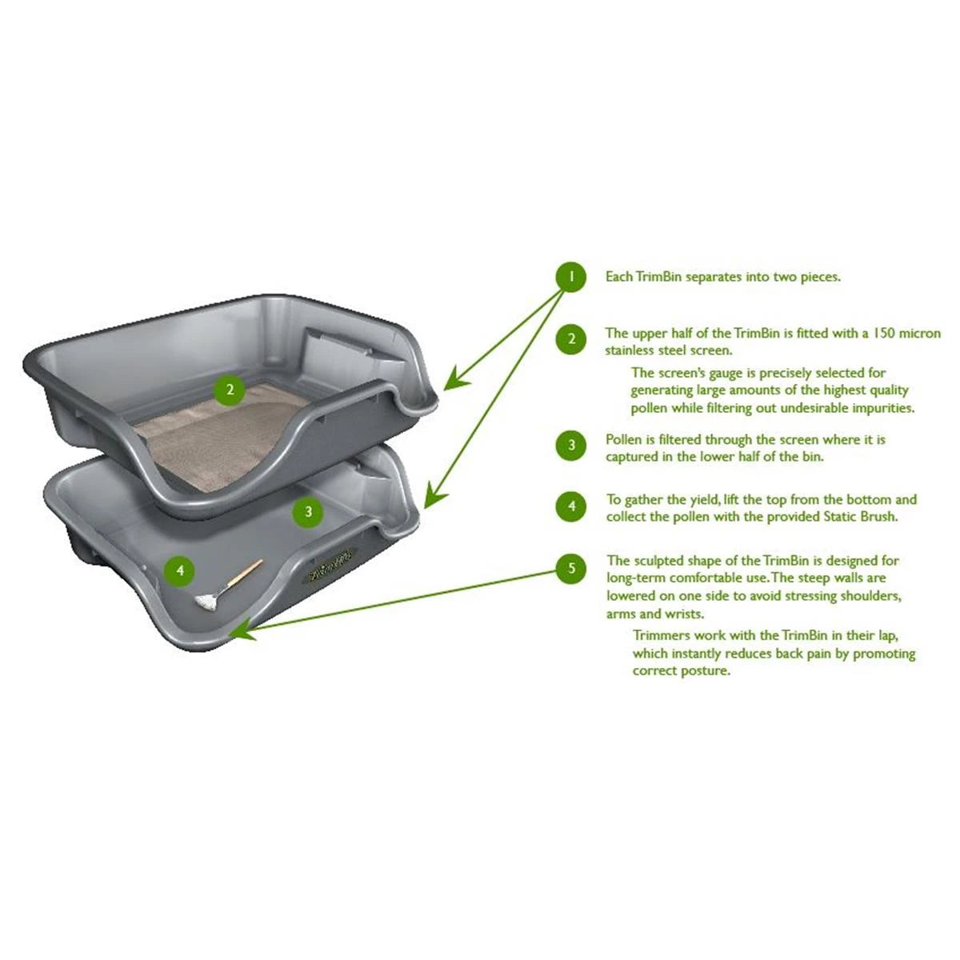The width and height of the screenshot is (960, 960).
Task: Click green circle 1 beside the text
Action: pos(571,277)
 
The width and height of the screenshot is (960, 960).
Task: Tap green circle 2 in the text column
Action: pos(571,339)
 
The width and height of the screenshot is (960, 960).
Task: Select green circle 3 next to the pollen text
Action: pos(571,446)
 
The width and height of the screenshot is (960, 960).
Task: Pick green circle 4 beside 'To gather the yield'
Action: pos(571,506)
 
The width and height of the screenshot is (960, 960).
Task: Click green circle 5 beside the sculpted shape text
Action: pos(571,569)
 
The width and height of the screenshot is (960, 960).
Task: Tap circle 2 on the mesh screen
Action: pos(230,390)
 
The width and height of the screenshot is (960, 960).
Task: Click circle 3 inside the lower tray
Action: pos(308,510)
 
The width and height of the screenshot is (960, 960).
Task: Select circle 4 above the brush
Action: pos(180,570)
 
